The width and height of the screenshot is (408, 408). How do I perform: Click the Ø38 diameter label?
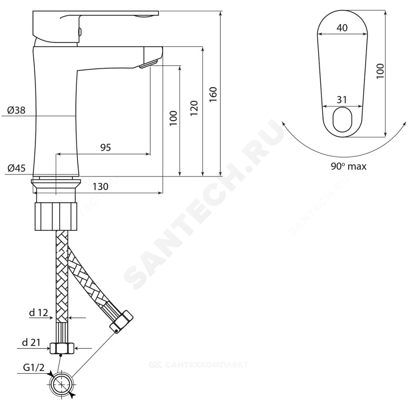16,110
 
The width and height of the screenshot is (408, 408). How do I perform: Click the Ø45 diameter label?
16,169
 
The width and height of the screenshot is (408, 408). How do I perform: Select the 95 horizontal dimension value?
106,148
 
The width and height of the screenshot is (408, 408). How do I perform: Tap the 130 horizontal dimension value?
100,186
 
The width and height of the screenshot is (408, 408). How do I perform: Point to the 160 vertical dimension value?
213,95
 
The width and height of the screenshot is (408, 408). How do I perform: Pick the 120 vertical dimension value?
194,108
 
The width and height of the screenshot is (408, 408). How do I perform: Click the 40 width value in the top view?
342,28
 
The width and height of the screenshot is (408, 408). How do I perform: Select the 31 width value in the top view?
342,100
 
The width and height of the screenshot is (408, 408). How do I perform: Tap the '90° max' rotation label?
348,166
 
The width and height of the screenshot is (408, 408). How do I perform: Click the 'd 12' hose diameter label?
39,313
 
